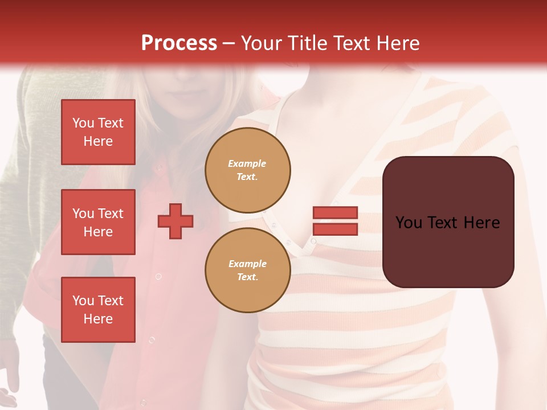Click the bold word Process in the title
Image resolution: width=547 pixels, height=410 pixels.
pyautogui.click(x=179, y=43)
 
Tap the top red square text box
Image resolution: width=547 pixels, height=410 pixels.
pyautogui.click(x=98, y=132)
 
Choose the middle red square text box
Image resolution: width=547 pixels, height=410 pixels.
pyautogui.click(x=98, y=222)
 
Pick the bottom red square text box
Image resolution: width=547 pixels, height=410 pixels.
pyautogui.click(x=98, y=310)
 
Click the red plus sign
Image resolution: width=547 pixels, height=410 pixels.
pyautogui.click(x=175, y=222)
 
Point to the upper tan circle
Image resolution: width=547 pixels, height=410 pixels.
pyautogui.click(x=248, y=170)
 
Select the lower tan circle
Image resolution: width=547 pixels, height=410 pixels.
pyautogui.click(x=248, y=270)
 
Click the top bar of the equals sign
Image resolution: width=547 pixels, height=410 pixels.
pyautogui.click(x=335, y=213)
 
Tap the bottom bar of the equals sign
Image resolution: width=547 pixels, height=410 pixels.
pyautogui.click(x=335, y=229)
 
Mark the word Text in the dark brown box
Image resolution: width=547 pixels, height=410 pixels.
pyautogui.click(x=444, y=223)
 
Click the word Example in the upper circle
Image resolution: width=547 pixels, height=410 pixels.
pyautogui.click(x=247, y=163)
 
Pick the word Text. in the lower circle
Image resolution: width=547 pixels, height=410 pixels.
pyautogui.click(x=247, y=277)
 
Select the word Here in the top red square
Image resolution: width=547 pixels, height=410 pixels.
pyautogui.click(x=98, y=141)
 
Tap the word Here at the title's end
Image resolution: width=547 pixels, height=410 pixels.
pyautogui.click(x=398, y=43)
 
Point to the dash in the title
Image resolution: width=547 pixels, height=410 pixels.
pyautogui.click(x=229, y=43)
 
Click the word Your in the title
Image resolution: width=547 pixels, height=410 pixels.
pyautogui.click(x=261, y=43)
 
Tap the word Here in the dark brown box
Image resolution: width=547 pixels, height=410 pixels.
pyautogui.click(x=482, y=223)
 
